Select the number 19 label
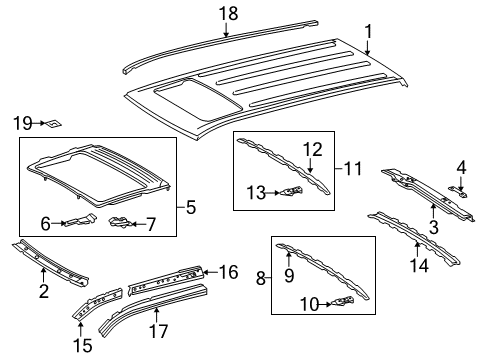pos(23,123)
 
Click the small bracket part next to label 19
pos(55,124)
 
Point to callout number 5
pos(190,209)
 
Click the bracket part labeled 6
pos(80,222)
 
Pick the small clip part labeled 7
pos(120,221)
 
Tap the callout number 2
pos(43,291)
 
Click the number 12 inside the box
pos(313,149)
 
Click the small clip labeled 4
pos(457,187)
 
